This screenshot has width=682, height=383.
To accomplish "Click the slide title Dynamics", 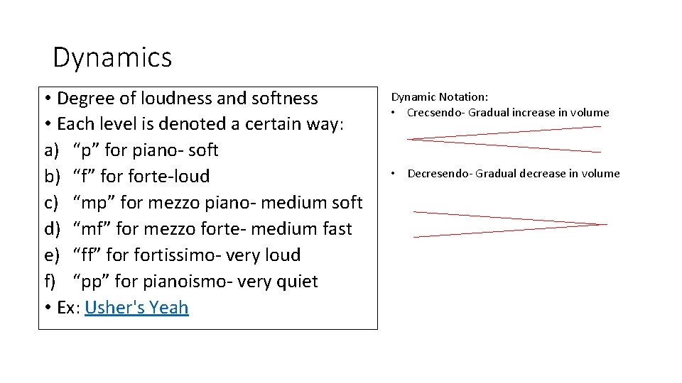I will click(112, 57).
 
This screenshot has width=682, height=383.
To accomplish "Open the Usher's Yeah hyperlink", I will click(136, 307).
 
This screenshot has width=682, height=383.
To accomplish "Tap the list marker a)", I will click(51, 150).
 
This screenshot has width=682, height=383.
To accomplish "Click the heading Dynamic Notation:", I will click(440, 97).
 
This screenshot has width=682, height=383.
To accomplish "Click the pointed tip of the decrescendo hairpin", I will click(606, 224).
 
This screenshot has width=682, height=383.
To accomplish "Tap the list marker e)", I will click(51, 255).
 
